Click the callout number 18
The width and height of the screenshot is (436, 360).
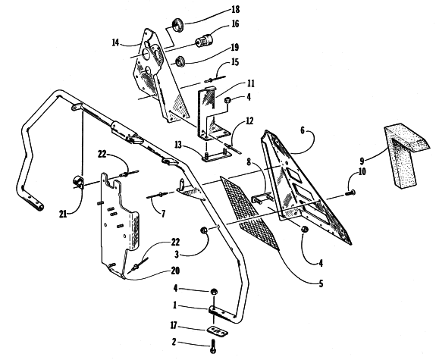point(235,10)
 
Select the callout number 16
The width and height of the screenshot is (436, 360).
point(235,24)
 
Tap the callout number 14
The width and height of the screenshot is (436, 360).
point(115,42)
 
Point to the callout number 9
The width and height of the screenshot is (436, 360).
point(362,161)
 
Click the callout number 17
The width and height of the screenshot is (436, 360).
point(174,325)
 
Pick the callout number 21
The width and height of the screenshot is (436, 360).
point(63,214)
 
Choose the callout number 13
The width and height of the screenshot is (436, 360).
point(178,145)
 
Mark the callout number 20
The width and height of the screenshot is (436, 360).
point(175,271)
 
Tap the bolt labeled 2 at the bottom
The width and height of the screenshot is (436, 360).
point(213,346)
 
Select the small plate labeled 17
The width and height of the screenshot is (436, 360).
point(218,330)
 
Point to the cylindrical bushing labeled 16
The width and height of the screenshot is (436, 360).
point(204,41)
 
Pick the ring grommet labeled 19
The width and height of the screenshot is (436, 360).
point(180,61)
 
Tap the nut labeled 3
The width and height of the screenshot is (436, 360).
point(204,230)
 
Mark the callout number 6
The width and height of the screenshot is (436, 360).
point(303,130)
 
